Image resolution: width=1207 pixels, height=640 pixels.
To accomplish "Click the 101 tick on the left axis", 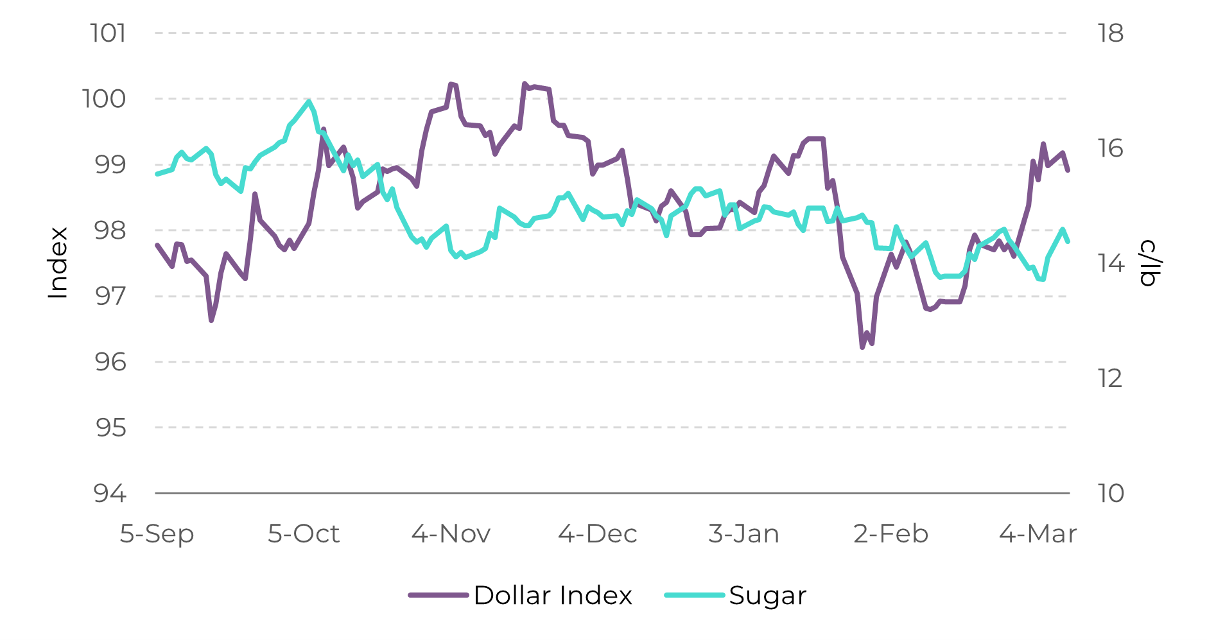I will click(x=108, y=33).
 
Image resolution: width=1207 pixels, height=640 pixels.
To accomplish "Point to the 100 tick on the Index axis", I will click(x=104, y=99).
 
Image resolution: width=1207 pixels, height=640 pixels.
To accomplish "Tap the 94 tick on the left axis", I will click(x=110, y=493).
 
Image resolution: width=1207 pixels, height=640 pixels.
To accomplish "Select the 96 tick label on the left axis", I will click(x=110, y=362).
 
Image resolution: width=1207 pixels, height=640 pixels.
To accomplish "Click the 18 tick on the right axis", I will click(x=1110, y=33).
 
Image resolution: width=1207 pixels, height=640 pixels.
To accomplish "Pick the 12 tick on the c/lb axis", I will click(x=1110, y=378).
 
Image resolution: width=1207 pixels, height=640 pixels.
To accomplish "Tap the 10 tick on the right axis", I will click(x=1111, y=493).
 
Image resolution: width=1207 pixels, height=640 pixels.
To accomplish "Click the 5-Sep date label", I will click(x=157, y=533).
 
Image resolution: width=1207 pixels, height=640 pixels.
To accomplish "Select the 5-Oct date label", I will click(x=303, y=533).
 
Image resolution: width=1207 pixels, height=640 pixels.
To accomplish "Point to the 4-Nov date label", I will click(x=451, y=533).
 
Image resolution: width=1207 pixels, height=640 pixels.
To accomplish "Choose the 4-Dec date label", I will click(x=597, y=533).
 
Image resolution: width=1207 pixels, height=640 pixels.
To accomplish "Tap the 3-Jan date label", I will click(x=743, y=533).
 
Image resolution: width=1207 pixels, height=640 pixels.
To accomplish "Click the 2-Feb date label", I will click(x=890, y=533).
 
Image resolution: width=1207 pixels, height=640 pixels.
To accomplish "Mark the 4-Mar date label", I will click(x=1038, y=533).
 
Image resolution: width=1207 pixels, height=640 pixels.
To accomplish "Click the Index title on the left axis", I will click(x=58, y=263).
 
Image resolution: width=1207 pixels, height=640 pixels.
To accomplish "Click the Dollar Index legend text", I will click(x=553, y=595).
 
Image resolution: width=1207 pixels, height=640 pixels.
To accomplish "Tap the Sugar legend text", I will click(x=767, y=595).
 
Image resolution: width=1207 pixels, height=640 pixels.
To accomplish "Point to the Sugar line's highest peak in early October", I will click(x=309, y=101).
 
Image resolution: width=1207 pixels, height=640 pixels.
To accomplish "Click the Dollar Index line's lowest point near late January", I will click(x=862, y=347).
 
